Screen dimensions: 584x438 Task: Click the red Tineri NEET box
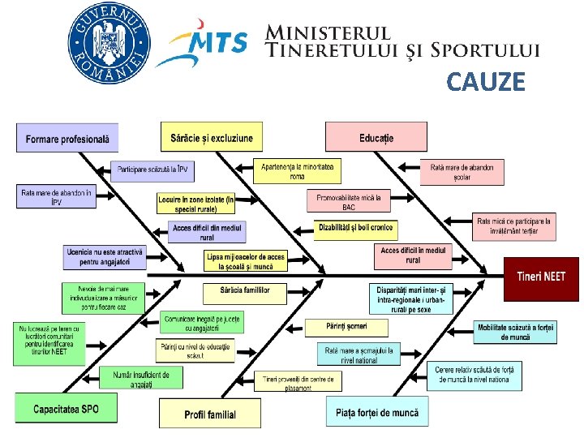point(541,277)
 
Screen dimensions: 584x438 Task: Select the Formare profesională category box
point(67,139)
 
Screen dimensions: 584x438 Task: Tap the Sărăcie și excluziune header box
point(212,138)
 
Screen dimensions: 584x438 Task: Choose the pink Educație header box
point(376,138)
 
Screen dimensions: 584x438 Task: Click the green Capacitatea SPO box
point(66,409)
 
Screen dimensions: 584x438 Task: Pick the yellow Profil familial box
point(210,414)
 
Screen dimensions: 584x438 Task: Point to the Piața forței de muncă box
point(377,412)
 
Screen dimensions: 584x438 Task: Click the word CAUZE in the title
point(486,82)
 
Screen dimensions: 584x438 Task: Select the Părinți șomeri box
point(346,327)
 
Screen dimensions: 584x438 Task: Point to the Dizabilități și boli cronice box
point(355,227)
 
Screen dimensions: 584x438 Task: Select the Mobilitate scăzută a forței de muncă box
point(514,331)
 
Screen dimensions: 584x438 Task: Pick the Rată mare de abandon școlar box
point(462,170)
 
